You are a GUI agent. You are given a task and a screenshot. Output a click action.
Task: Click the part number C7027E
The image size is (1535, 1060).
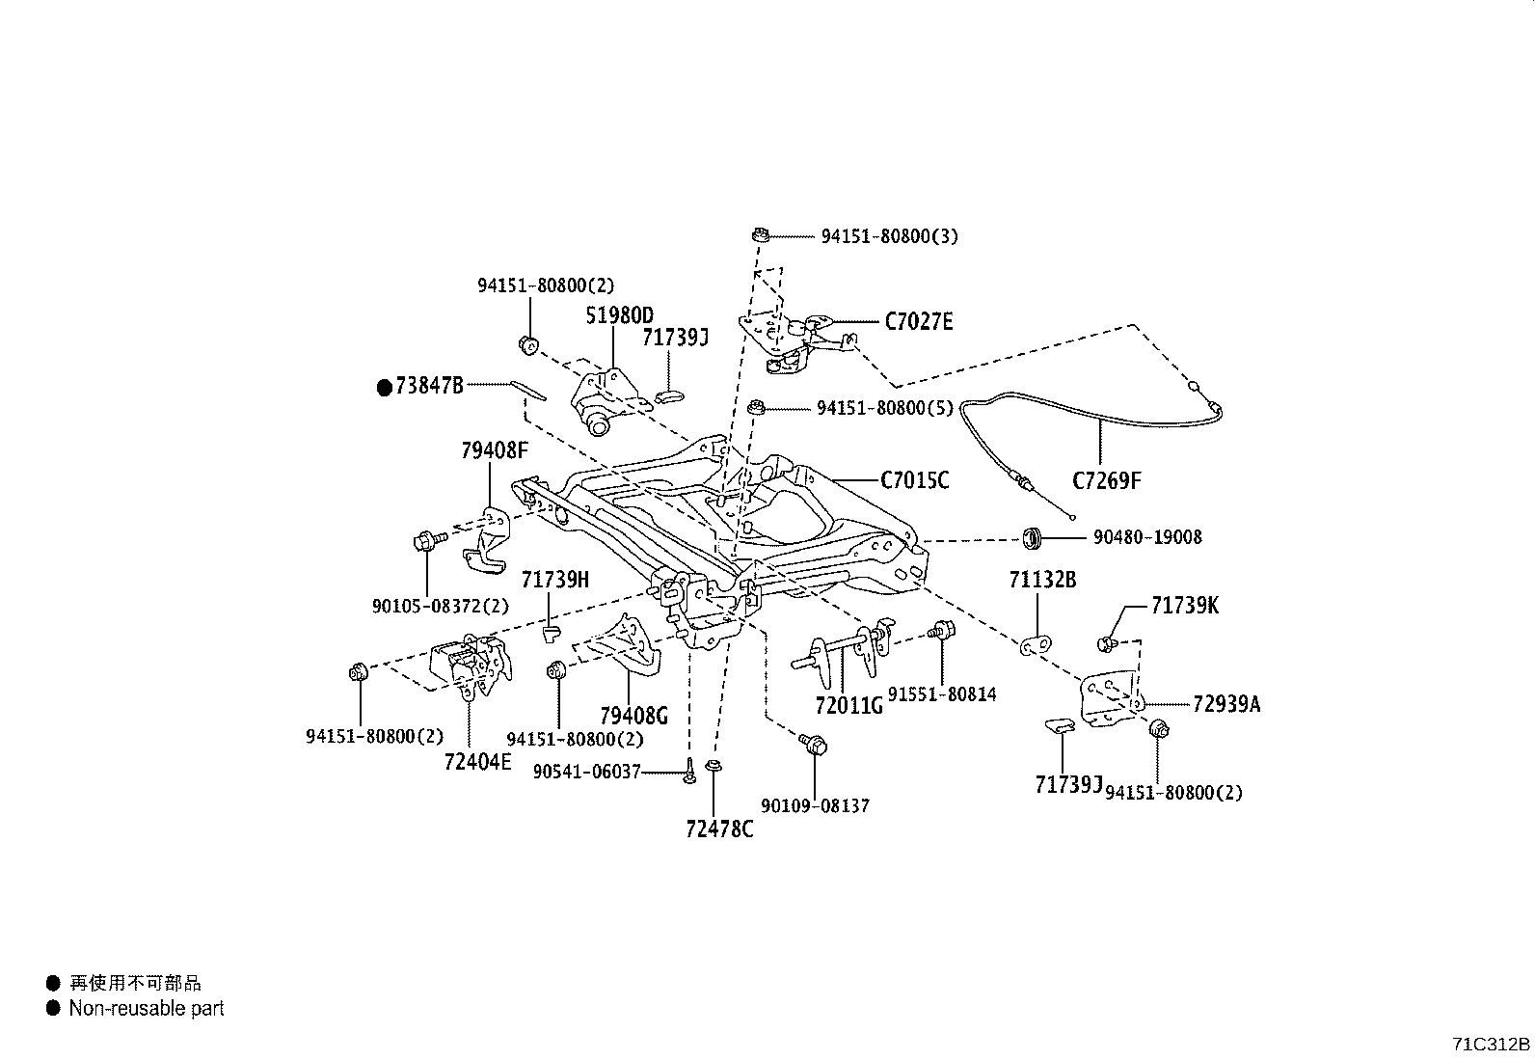point(918,322)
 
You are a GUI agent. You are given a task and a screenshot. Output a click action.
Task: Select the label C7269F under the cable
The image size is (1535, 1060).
point(1106,480)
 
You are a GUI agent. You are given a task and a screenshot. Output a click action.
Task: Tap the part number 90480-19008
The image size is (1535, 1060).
point(1146,537)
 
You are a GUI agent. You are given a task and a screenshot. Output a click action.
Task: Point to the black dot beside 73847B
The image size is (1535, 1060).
point(385,387)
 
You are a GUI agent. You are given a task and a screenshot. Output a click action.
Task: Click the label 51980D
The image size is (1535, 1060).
point(620,315)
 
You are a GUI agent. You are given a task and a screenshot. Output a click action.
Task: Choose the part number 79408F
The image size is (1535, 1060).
point(495,450)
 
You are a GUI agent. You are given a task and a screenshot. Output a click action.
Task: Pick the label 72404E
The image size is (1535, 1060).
point(477,762)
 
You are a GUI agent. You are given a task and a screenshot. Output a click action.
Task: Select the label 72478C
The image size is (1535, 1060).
point(719,829)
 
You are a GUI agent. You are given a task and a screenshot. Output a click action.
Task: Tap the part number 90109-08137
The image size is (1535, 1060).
point(815,805)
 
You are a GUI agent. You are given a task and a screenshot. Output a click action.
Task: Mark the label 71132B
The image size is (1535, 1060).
point(1042,580)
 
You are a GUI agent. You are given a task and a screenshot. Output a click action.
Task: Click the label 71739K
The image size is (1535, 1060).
point(1184,606)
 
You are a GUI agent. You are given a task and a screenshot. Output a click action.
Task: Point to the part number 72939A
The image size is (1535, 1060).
point(1225,704)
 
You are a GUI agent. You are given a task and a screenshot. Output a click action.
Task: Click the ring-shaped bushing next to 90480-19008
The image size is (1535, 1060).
point(1033,536)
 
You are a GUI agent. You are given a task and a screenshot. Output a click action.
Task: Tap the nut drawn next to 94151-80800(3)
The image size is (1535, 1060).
point(760,234)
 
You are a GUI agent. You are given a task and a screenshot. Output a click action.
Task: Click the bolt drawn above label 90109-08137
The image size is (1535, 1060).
point(814,744)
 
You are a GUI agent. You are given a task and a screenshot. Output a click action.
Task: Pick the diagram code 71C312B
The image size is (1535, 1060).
point(1491,1044)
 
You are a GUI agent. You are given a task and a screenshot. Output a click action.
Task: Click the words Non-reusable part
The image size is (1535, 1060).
point(146,1009)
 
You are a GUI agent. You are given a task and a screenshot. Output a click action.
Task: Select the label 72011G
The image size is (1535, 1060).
point(848,706)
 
